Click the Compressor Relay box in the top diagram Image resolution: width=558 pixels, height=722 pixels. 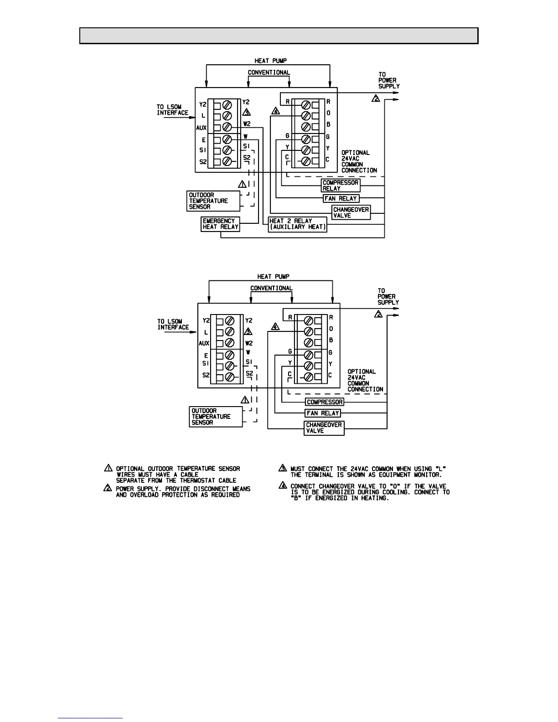(x=341, y=186)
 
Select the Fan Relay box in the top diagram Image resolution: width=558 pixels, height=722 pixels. (x=341, y=198)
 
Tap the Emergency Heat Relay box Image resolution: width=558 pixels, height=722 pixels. (x=221, y=224)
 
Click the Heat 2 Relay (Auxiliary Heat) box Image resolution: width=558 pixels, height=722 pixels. (x=298, y=224)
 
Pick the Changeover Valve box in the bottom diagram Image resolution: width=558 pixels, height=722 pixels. (x=324, y=428)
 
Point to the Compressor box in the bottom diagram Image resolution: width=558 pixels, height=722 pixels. (x=325, y=402)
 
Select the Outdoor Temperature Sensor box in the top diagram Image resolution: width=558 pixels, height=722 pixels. (x=214, y=201)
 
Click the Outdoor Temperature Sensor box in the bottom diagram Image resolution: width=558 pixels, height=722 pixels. (x=216, y=417)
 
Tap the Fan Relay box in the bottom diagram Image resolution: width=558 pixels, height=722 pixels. (x=323, y=413)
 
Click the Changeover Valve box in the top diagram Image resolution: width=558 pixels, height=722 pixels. (x=351, y=212)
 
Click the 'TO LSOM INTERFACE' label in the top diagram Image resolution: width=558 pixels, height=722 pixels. (x=172, y=110)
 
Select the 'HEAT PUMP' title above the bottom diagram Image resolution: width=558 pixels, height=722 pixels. (x=273, y=277)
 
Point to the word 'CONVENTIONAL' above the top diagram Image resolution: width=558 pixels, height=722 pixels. (x=269, y=72)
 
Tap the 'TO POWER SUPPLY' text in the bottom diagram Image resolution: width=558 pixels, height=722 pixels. (x=388, y=297)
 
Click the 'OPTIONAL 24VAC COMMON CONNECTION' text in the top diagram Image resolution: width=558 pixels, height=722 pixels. (x=359, y=161)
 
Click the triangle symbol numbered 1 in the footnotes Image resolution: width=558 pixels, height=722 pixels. (x=108, y=468)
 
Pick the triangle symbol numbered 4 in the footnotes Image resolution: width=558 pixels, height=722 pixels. (x=282, y=486)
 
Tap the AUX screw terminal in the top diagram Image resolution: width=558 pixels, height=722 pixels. (x=228, y=127)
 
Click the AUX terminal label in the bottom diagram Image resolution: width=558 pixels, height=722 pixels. (x=204, y=343)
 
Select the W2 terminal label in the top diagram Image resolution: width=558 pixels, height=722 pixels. (x=247, y=124)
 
